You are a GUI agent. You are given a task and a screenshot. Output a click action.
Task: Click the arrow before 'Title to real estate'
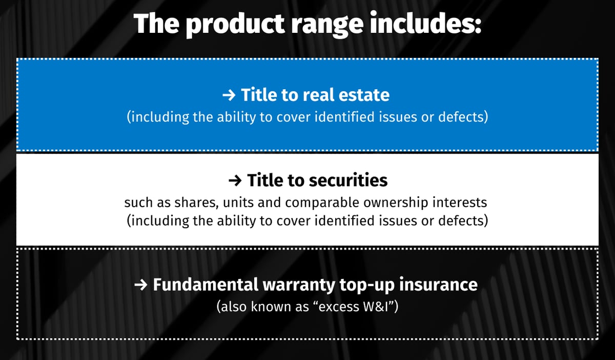coord(230,95)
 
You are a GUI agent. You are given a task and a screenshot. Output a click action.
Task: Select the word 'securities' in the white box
coord(348,181)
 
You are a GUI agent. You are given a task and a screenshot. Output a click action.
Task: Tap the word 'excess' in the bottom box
coord(334,307)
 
